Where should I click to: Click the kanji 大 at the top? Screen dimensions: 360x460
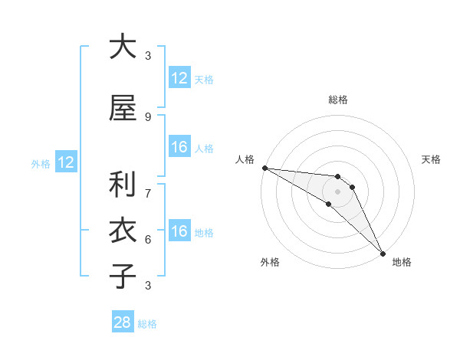click(x=123, y=47)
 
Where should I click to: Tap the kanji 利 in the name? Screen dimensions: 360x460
click(x=123, y=185)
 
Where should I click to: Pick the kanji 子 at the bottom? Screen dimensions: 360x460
click(x=123, y=277)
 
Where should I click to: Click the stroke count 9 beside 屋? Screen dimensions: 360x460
click(x=147, y=116)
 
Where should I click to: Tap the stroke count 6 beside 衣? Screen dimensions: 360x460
click(x=147, y=239)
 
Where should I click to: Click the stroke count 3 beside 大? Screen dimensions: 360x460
click(x=147, y=56)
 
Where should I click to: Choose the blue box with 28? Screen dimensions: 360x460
click(x=123, y=322)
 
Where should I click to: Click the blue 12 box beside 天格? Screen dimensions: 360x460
click(x=179, y=78)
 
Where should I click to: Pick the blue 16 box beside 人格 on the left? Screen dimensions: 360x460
click(x=179, y=147)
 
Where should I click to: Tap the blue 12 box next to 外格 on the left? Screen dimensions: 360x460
click(x=65, y=162)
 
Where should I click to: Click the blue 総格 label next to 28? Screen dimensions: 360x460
click(x=147, y=324)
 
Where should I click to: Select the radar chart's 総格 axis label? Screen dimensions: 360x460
click(x=337, y=100)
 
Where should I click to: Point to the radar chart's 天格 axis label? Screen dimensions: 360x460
click(x=431, y=159)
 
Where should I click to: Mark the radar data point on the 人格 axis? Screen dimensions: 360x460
click(x=264, y=168)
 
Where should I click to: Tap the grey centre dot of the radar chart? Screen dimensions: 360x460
click(x=337, y=191)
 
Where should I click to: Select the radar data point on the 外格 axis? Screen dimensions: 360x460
click(x=329, y=204)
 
